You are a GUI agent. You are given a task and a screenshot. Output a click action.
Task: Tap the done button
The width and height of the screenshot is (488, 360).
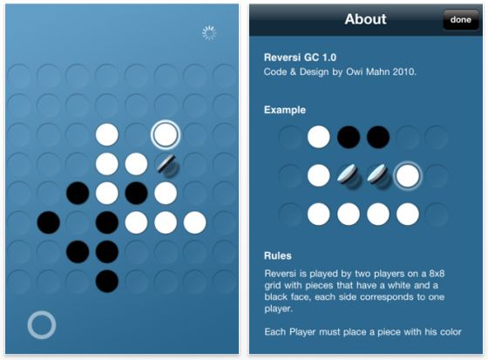pyautogui.click(x=461, y=20)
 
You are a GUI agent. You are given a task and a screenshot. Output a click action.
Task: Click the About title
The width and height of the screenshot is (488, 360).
pyautogui.click(x=365, y=19)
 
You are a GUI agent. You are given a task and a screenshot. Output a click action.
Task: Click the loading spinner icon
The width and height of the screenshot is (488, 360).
pyautogui.click(x=209, y=33)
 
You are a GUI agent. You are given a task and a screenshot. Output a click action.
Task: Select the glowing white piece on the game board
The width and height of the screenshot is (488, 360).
pyautogui.click(x=166, y=134)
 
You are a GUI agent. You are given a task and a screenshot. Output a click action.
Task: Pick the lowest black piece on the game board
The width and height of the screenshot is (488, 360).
pyautogui.click(x=107, y=282)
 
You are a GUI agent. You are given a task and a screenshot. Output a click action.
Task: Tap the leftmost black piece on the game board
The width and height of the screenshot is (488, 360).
pyautogui.click(x=49, y=222)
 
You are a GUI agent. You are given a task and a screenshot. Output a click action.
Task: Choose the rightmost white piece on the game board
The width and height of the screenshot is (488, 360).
pyautogui.click(x=195, y=222)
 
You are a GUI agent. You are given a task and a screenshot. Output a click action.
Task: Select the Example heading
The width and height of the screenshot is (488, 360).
pyautogui.click(x=285, y=110)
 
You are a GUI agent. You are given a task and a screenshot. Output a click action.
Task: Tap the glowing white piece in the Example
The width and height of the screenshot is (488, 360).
pyautogui.click(x=408, y=175)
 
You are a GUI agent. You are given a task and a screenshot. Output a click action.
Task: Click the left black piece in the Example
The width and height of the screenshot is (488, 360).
pyautogui.click(x=349, y=137)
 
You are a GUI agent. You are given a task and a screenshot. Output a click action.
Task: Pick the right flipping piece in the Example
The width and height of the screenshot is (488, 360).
pyautogui.click(x=378, y=176)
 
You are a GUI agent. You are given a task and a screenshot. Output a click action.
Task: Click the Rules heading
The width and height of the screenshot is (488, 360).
pyautogui.click(x=278, y=255)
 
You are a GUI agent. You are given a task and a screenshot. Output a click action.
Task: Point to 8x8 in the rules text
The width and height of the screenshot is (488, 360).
pyautogui.click(x=437, y=274)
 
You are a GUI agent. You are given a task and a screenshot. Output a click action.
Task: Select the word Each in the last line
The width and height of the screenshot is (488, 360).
pyautogui.click(x=275, y=331)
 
